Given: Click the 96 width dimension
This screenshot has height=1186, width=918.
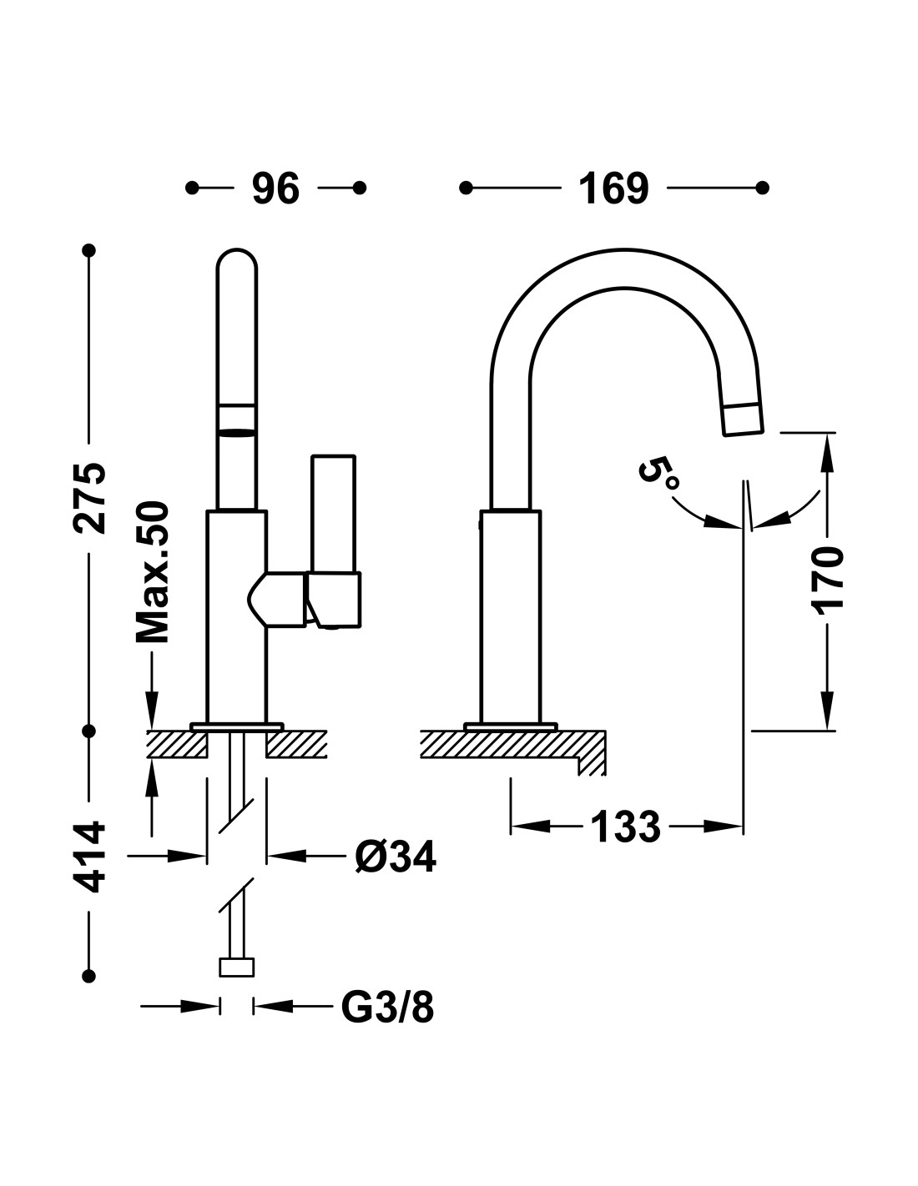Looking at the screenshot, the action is tap(275, 188).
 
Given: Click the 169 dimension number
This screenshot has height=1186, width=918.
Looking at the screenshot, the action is tap(613, 188).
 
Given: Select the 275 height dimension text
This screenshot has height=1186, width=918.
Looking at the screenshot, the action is tap(89, 498).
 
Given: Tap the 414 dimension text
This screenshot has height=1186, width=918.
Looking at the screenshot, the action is tap(89, 857).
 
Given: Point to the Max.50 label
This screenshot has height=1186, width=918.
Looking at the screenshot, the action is tap(153, 572).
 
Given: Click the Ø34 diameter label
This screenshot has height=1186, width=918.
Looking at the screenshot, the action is tap(396, 857).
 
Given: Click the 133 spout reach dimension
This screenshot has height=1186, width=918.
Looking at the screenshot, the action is tap(625, 827).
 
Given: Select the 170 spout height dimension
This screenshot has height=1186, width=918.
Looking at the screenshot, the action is tap(828, 580).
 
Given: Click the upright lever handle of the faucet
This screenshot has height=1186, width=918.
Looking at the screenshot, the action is tap(333, 514).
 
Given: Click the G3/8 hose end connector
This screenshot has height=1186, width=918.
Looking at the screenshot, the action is tap(236, 967).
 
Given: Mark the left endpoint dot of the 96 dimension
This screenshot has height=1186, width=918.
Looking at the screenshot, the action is tap(192, 188).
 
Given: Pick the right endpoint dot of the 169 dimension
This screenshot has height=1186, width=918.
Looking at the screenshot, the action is tap(763, 188).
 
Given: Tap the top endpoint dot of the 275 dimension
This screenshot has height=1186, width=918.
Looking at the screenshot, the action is tap(89, 250).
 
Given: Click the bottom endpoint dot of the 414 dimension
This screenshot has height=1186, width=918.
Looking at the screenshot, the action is tap(89, 976).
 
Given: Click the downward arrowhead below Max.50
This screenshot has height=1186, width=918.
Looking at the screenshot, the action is tap(153, 710).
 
